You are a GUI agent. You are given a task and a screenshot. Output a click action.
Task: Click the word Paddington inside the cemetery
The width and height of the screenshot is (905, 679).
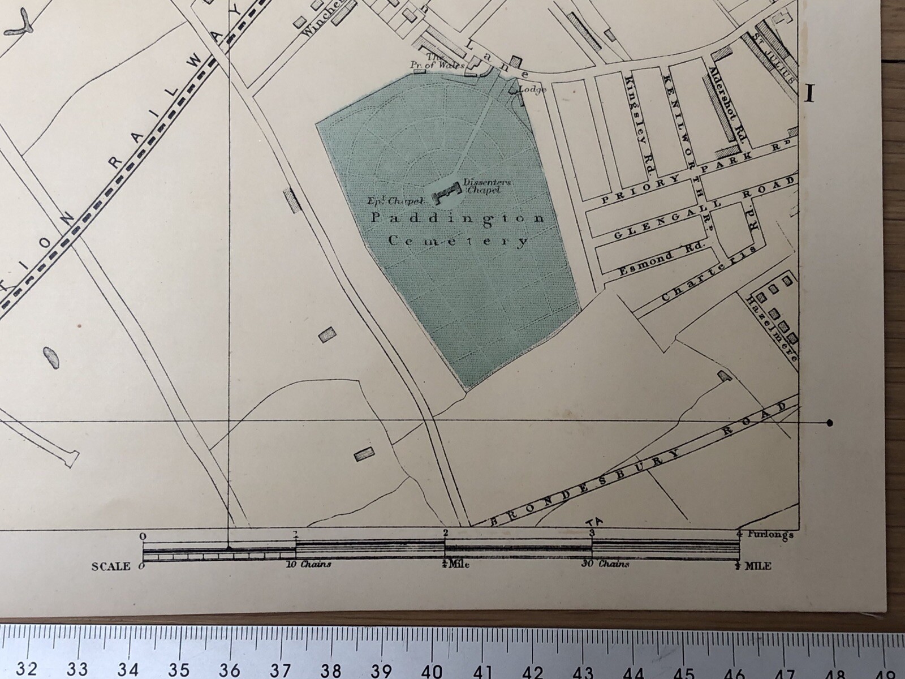pos(457,218)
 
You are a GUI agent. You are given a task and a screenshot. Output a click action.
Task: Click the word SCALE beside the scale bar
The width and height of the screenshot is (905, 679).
pos(110,566)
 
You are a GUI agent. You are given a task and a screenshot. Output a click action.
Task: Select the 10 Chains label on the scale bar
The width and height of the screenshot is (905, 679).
pos(309,565)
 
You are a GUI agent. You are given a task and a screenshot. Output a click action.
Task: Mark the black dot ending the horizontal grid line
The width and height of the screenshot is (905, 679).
pos(830,423)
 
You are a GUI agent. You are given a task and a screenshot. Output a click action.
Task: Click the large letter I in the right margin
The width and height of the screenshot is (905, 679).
pos(809,93)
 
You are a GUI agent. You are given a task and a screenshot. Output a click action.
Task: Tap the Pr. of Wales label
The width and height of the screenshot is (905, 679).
pos(445,62)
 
